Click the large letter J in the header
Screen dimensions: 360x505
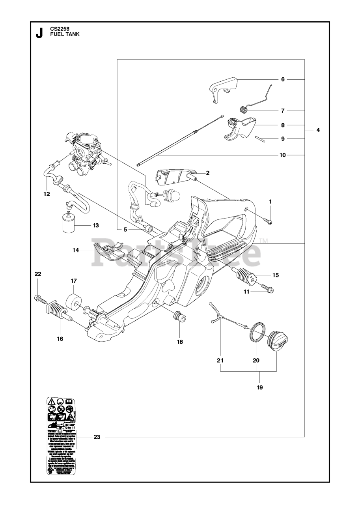39,33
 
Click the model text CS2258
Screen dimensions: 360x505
59,29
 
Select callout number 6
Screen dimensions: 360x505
282,79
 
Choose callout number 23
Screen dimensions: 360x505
97,437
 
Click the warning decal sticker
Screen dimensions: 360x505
61,436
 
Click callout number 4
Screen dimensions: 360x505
317,130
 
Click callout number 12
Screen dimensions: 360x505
47,194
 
